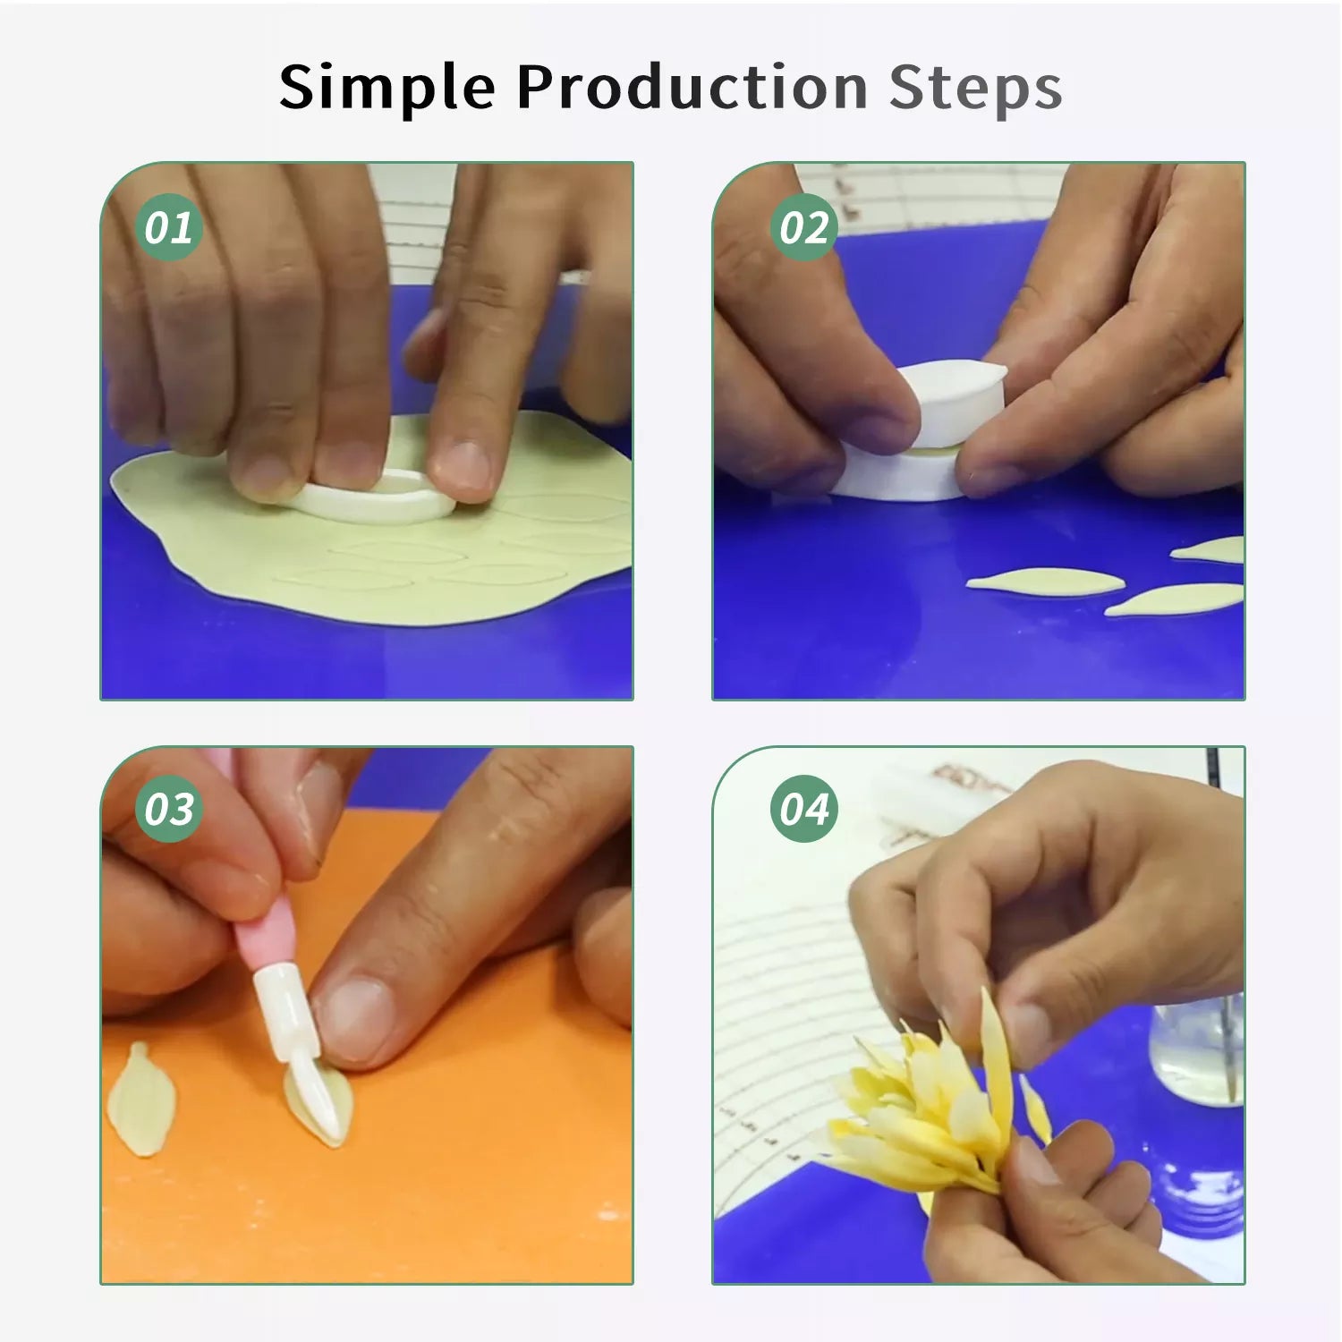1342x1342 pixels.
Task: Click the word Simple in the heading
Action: point(386,89)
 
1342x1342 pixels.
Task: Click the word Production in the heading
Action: point(692,87)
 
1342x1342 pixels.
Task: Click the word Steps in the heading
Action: point(975,89)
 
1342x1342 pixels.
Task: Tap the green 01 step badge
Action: point(168,227)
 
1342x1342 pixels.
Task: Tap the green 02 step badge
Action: point(803,227)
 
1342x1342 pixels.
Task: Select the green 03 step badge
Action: point(168,810)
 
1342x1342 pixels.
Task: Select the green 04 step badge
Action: point(803,810)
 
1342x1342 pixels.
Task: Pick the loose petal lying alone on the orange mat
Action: point(140,1099)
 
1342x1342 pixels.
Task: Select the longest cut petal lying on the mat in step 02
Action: point(1045,582)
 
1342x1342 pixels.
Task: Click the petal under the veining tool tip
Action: point(319,1105)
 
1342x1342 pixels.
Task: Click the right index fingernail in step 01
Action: point(459,466)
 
